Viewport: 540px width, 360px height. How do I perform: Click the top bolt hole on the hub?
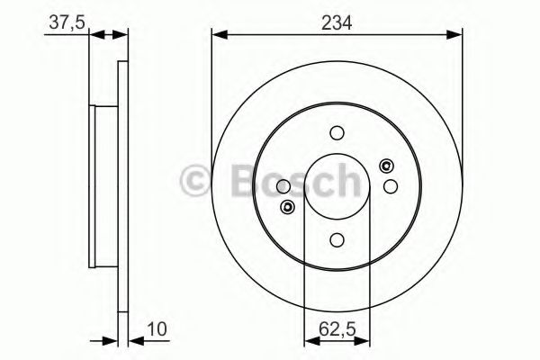337,132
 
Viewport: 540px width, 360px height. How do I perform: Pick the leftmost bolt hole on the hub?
284,186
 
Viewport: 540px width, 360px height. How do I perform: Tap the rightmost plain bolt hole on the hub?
391,186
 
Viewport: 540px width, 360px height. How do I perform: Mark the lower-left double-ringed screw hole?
288,208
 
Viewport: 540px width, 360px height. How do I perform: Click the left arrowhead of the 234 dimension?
217,34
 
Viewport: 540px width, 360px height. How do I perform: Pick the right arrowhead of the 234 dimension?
458,34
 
